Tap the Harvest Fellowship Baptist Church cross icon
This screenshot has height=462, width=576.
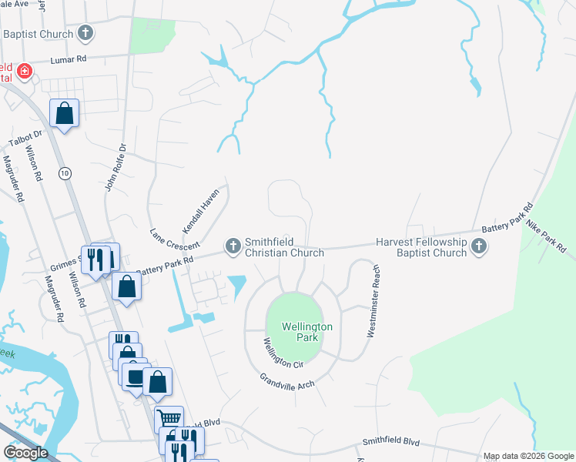[479, 246]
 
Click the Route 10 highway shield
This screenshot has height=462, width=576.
[65, 174]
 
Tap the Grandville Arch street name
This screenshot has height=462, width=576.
[286, 380]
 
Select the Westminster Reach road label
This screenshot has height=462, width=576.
[373, 302]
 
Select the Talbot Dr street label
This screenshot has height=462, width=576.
[24, 139]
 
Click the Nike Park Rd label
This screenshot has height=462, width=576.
[546, 237]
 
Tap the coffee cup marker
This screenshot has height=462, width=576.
[135, 377]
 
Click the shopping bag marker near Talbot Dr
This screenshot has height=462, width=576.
[65, 114]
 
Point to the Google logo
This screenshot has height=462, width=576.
[25, 453]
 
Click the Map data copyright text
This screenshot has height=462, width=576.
[528, 457]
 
